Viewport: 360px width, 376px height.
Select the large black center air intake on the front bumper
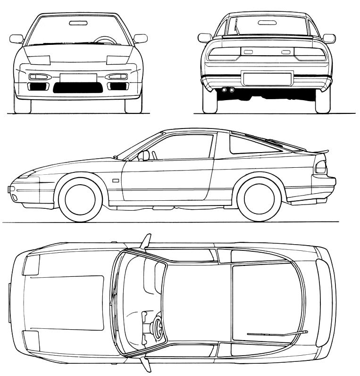click(78, 87)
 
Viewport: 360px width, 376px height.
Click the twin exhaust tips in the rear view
click(228, 90)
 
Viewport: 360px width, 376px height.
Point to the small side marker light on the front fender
click(116, 180)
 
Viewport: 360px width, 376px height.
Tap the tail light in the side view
click(321, 167)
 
